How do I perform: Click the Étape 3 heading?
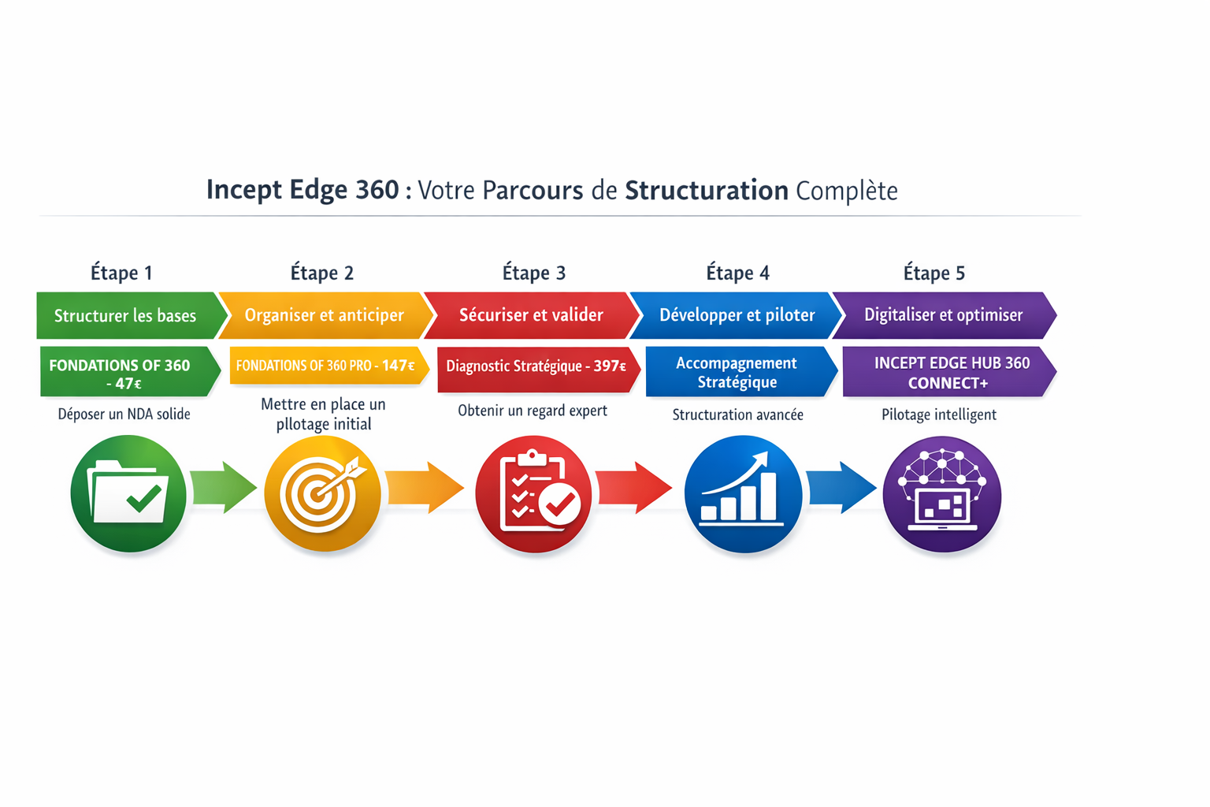pos(534,273)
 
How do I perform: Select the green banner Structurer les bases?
pos(126,315)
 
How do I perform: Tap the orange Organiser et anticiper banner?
pos(324,315)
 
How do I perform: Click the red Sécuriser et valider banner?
pos(531,315)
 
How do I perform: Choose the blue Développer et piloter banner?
pos(737,315)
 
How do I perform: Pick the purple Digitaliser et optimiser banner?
pos(943,315)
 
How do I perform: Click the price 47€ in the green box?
pos(124,384)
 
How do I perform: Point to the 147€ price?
pos(399,366)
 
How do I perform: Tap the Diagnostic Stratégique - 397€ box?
pos(536,366)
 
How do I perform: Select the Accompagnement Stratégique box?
pos(737,372)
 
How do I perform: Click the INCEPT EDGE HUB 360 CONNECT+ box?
pos(948,373)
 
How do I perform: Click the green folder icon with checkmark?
pos(128,494)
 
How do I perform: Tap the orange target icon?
pos(322,494)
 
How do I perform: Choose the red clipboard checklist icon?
pos(533,494)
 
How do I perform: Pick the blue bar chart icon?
pos(743,494)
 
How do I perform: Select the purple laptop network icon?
pos(942,494)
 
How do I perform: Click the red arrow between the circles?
pos(634,488)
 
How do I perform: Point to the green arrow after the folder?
pos(225,488)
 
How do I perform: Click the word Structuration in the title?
pos(706,191)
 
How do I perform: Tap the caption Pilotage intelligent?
pos(939,415)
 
